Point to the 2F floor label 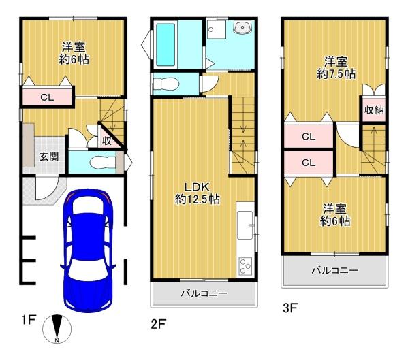pyautogui.click(x=159, y=324)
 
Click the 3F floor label pyautogui.click(x=291, y=308)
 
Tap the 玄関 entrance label pyautogui.click(x=48, y=156)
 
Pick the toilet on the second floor pyautogui.click(x=166, y=83)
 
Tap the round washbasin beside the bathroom pyautogui.click(x=241, y=27)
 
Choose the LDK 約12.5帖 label pyautogui.click(x=198, y=193)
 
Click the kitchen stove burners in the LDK pyautogui.click(x=245, y=265)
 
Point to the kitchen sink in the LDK pyautogui.click(x=245, y=225)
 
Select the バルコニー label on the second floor pyautogui.click(x=204, y=294)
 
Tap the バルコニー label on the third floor pyautogui.click(x=334, y=270)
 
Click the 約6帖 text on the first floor pyautogui.click(x=73, y=59)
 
